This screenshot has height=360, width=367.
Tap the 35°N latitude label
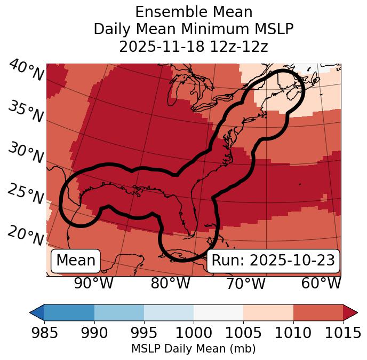[26, 112]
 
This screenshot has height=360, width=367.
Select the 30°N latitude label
[26, 153]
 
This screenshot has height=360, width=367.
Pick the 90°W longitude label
[93, 283]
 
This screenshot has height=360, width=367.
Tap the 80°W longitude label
[170, 283]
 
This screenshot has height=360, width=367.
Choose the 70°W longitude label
[245, 283]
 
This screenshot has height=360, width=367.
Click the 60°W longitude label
[321, 283]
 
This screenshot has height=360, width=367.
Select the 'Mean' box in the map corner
[76, 261]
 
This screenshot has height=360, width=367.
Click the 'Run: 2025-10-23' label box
[273, 261]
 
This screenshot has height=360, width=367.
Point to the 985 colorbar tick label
[44, 333]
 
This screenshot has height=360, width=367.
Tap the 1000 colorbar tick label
[194, 333]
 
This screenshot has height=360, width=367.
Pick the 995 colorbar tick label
[144, 333]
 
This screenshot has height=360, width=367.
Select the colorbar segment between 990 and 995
[119, 312]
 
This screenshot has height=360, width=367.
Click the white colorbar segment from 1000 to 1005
[218, 312]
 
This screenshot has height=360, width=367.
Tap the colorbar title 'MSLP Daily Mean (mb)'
[194, 349]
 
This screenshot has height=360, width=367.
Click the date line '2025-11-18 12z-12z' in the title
[194, 46]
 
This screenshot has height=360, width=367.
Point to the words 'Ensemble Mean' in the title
[194, 12]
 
